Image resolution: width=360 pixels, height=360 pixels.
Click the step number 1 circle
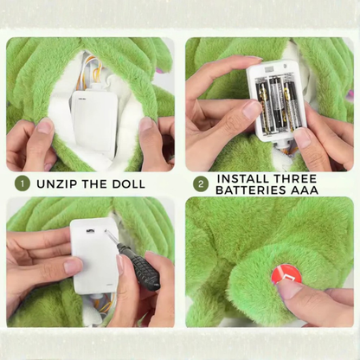22,183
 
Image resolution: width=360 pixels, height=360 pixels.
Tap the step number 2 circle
201,183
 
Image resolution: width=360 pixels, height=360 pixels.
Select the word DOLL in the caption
129,184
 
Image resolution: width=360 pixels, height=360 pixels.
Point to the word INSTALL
243,179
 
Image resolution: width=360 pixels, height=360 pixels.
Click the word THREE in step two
295,179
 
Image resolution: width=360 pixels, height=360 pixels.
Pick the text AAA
305,190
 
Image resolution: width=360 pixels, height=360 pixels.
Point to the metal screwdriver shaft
112,238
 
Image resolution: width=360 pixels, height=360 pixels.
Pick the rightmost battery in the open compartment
292,107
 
